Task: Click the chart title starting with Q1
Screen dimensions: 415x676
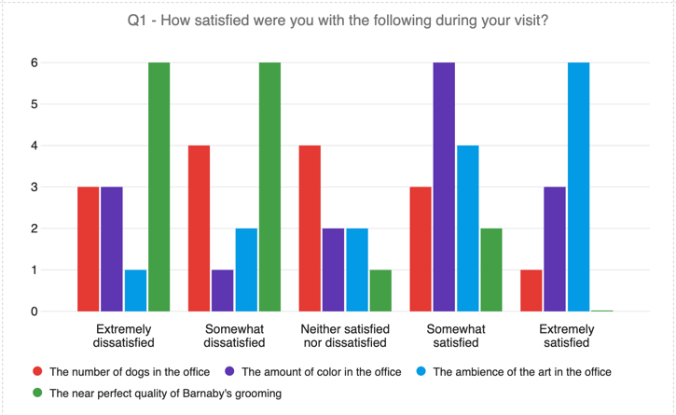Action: pos(338,21)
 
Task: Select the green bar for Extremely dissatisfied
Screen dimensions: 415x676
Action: pos(159,187)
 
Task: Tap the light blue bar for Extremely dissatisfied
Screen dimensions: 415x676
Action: pos(135,290)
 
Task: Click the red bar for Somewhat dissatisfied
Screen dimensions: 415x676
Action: pos(200,228)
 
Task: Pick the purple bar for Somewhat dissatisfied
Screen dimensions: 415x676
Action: pos(223,290)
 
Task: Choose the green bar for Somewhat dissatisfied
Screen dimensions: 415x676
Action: pos(269,187)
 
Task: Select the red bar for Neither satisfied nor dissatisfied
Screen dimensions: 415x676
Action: pos(310,228)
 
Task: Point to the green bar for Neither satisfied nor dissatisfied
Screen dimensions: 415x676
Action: pos(380,290)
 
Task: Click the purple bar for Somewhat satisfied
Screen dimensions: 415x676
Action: pos(444,187)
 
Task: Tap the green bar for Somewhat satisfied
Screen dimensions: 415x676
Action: pos(490,270)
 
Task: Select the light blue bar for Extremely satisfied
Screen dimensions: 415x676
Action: pos(578,187)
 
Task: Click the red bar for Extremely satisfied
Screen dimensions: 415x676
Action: pos(531,290)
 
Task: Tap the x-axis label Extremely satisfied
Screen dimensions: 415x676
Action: pos(567,336)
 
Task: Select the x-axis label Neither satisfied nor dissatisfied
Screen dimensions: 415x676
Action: pos(345,336)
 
